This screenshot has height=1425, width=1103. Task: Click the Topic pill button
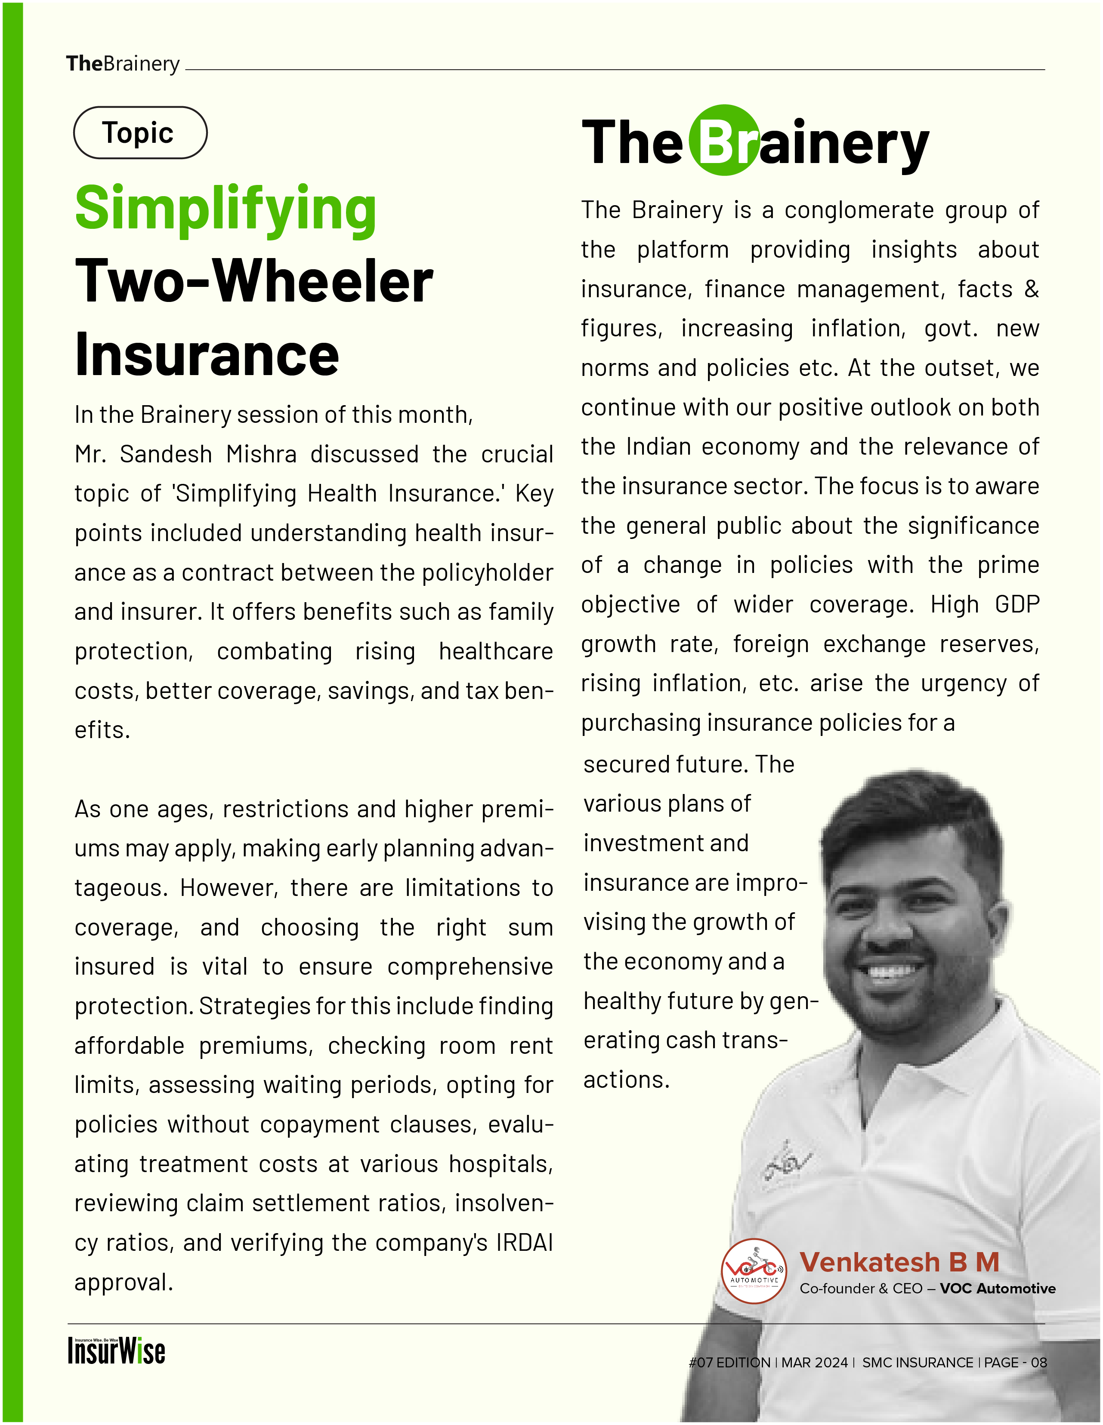pos(140,132)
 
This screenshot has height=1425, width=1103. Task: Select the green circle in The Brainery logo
pos(724,140)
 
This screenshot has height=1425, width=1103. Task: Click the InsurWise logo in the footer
pos(116,1350)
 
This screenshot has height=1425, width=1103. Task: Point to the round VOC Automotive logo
pos(754,1271)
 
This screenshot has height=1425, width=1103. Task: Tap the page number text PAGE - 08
pos(1016,1362)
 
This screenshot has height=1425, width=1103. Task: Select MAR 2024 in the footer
pos(815,1362)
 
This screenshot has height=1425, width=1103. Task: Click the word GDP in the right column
pos(1017,605)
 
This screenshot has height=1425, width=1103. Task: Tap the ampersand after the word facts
pos(1031,289)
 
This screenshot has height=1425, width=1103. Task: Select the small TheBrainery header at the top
pos(123,64)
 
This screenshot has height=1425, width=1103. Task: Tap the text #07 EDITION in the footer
pos(729,1362)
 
